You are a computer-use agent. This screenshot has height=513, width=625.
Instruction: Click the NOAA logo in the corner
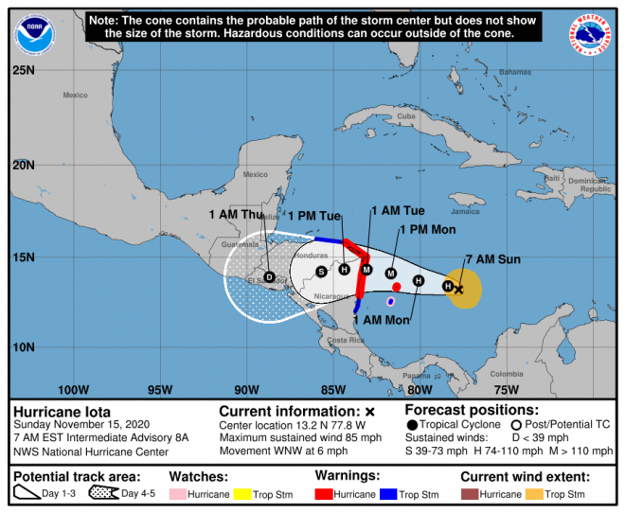point(33,32)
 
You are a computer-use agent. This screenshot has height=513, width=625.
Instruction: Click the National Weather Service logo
point(591,34)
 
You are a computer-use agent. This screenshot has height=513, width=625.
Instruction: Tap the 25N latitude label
point(25,71)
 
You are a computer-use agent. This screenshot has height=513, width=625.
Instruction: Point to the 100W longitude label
point(73,389)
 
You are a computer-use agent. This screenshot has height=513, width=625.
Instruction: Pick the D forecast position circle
point(270,277)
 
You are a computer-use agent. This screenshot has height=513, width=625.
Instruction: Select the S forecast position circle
point(321,272)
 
